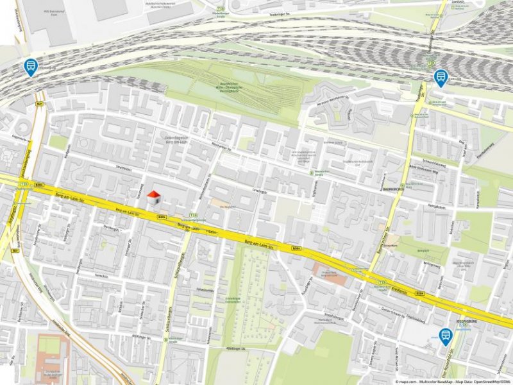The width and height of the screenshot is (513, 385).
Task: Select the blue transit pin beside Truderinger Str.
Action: (440, 78)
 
